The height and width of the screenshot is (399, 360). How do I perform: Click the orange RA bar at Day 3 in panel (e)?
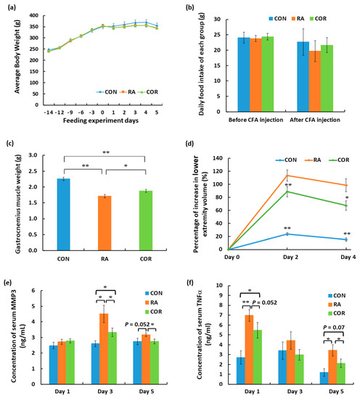[105, 339]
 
